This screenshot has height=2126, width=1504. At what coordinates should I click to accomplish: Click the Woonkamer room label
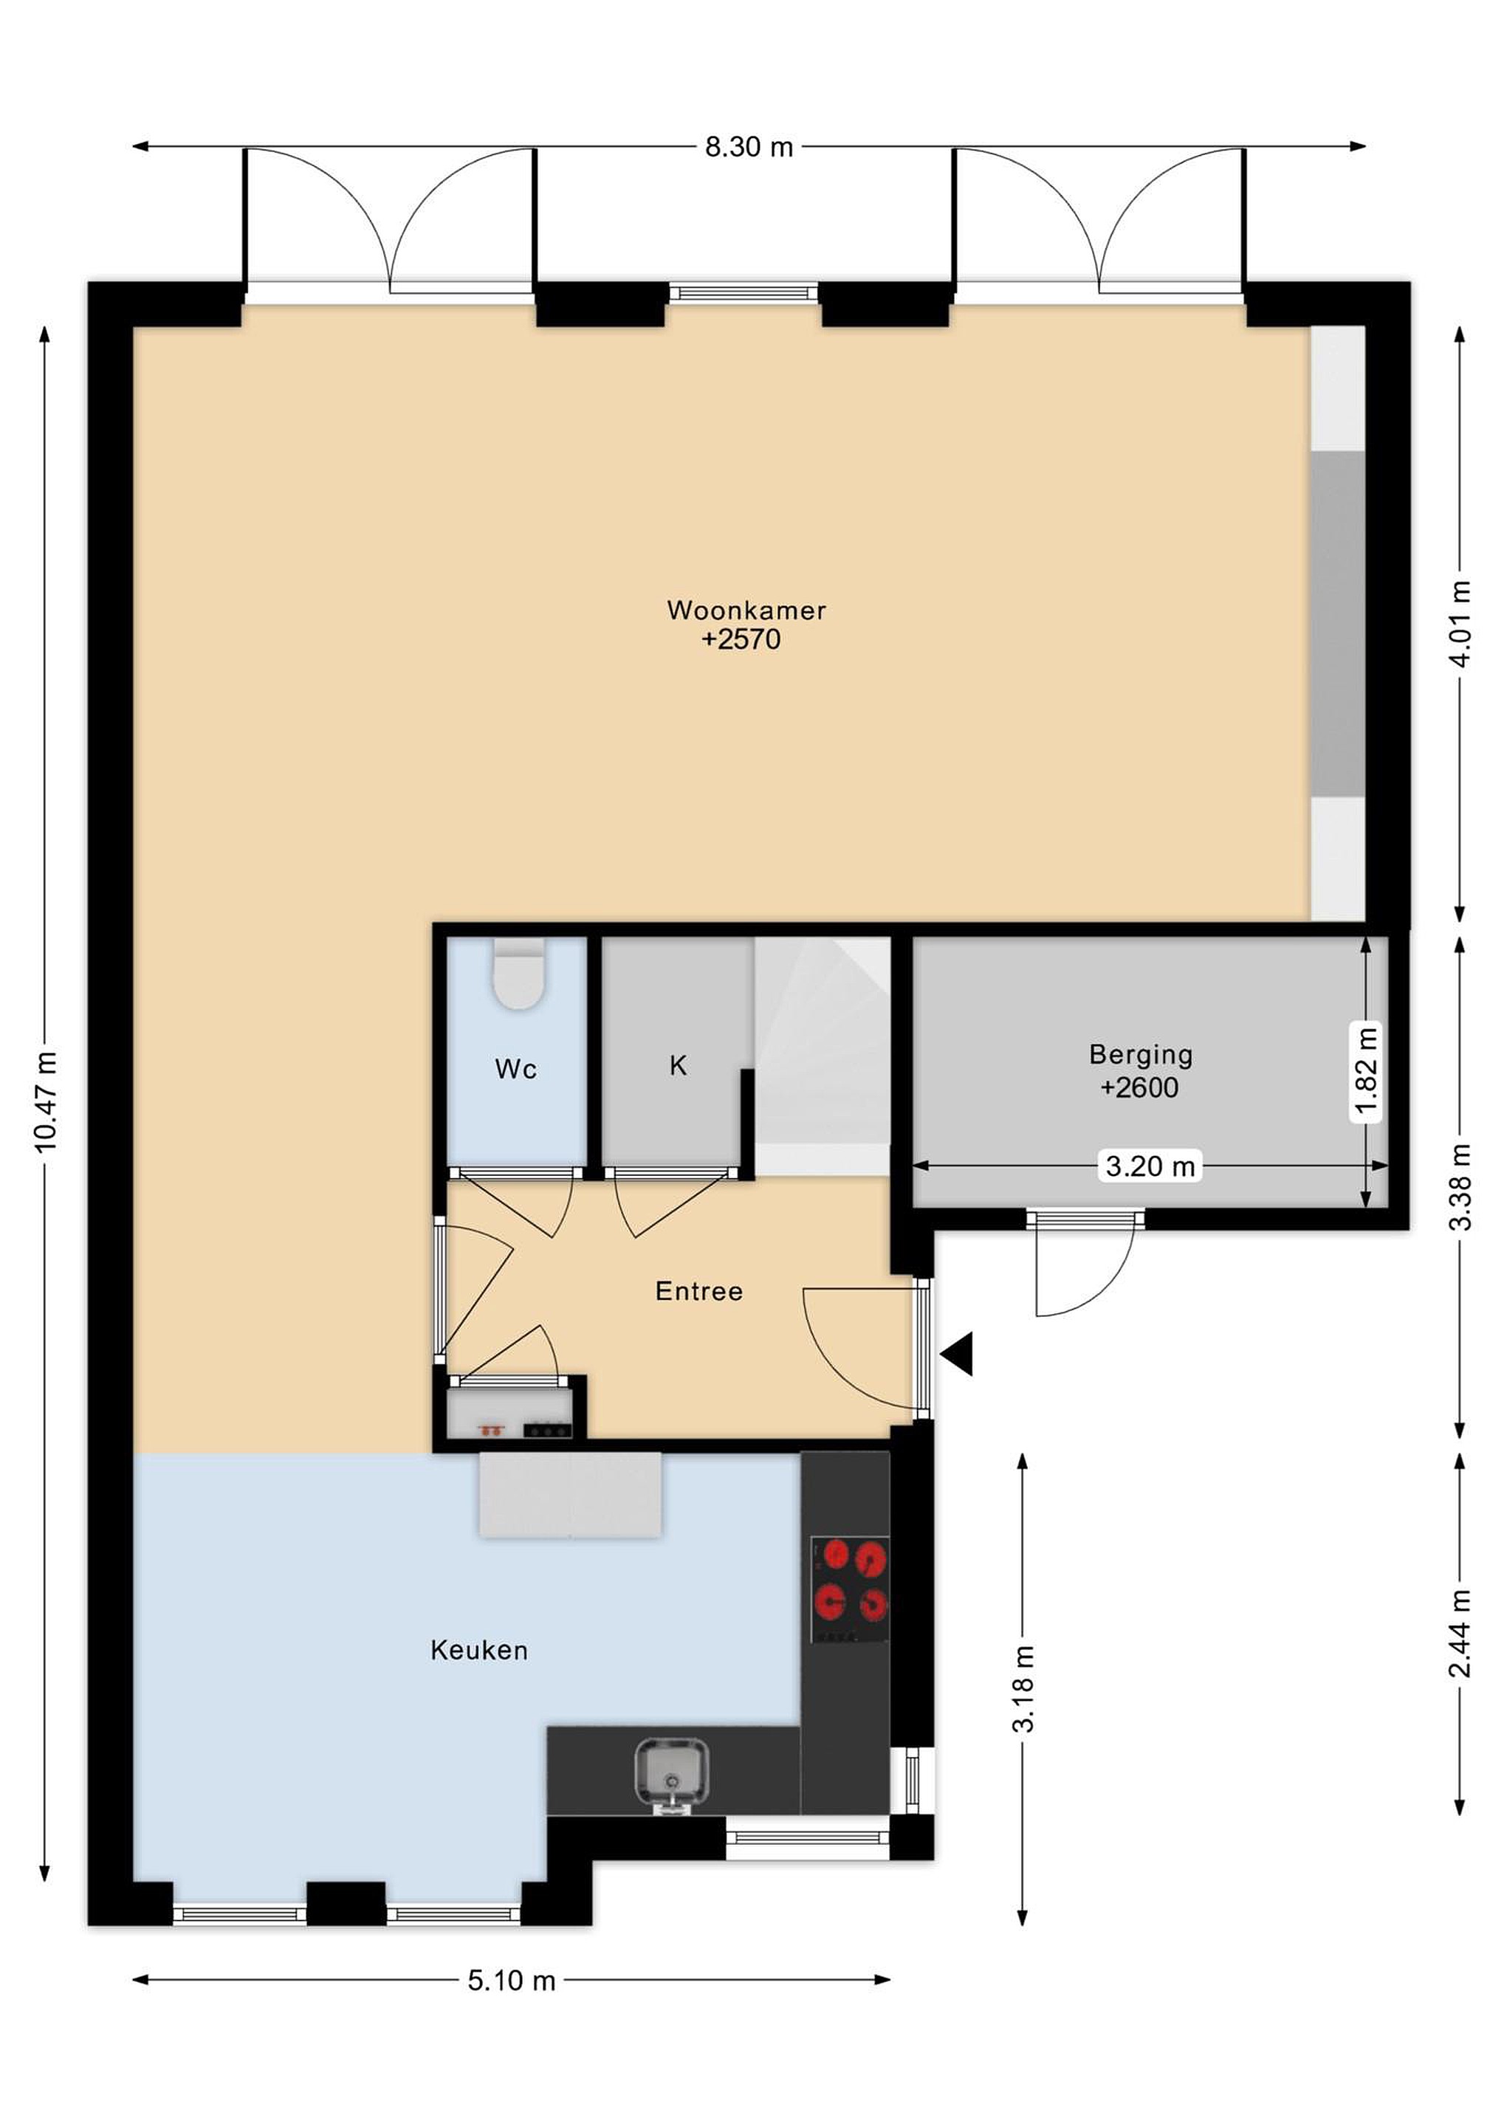click(x=746, y=610)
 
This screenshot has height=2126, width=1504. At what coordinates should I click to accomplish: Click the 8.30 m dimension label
click(x=749, y=147)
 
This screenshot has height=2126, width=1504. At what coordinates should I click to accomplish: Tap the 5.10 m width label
click(x=511, y=1981)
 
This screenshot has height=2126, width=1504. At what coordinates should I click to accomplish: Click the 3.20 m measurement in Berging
click(x=1150, y=1166)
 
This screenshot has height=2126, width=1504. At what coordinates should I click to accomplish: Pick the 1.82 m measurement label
click(x=1367, y=1073)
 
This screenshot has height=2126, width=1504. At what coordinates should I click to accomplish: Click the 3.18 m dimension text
click(x=1023, y=1689)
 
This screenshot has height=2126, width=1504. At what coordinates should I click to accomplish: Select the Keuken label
click(x=478, y=1649)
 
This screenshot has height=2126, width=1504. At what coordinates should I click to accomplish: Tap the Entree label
click(x=699, y=1291)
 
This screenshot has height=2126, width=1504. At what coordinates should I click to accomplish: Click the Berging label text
click(x=1141, y=1055)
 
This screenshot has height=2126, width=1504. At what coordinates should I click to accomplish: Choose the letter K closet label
click(x=678, y=1066)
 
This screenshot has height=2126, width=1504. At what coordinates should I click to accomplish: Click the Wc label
click(x=516, y=1070)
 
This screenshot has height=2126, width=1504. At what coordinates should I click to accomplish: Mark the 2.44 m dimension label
click(x=1460, y=1634)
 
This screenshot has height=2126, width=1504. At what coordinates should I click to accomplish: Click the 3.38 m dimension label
click(x=1460, y=1187)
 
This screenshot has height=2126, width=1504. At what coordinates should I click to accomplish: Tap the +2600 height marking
click(x=1140, y=1087)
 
